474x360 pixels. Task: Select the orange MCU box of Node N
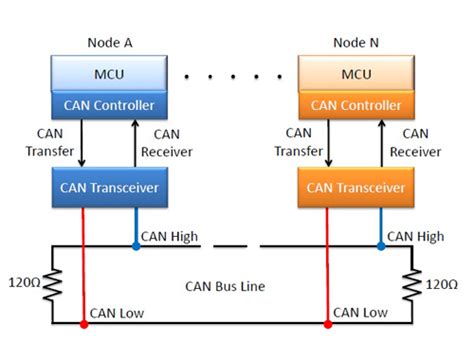click(x=357, y=76)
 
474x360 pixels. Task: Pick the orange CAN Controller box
click(x=357, y=104)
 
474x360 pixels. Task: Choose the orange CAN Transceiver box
click(x=357, y=185)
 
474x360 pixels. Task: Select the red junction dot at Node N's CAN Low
click(x=326, y=323)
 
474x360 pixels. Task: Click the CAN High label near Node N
click(x=415, y=236)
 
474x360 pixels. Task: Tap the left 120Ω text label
click(x=24, y=283)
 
